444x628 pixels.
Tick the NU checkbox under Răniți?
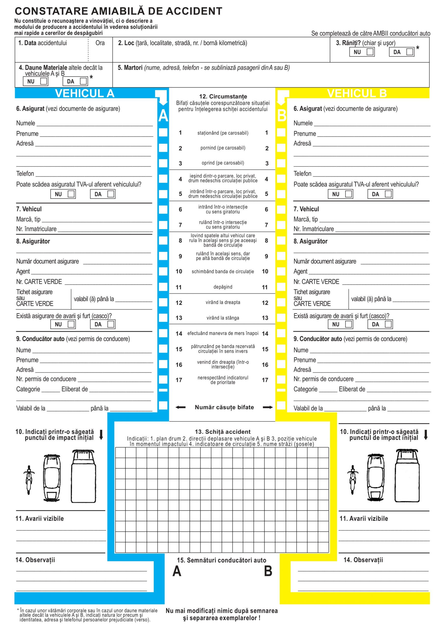coord(370,52)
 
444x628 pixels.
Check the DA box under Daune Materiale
coord(83,81)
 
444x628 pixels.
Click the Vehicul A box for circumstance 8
coord(163,240)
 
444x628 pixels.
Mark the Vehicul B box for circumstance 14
coord(281,333)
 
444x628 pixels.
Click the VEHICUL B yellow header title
coord(357,93)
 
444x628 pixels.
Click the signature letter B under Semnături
coord(268,571)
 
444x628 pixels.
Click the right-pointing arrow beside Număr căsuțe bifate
coord(268,407)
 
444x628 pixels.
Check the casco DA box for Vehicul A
coord(111,324)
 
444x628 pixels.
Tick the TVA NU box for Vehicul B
coord(348,194)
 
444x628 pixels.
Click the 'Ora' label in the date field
coord(100,43)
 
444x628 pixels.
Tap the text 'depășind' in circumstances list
coord(223,287)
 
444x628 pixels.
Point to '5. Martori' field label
coord(130,67)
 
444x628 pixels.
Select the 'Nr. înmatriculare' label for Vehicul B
coord(314,229)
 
